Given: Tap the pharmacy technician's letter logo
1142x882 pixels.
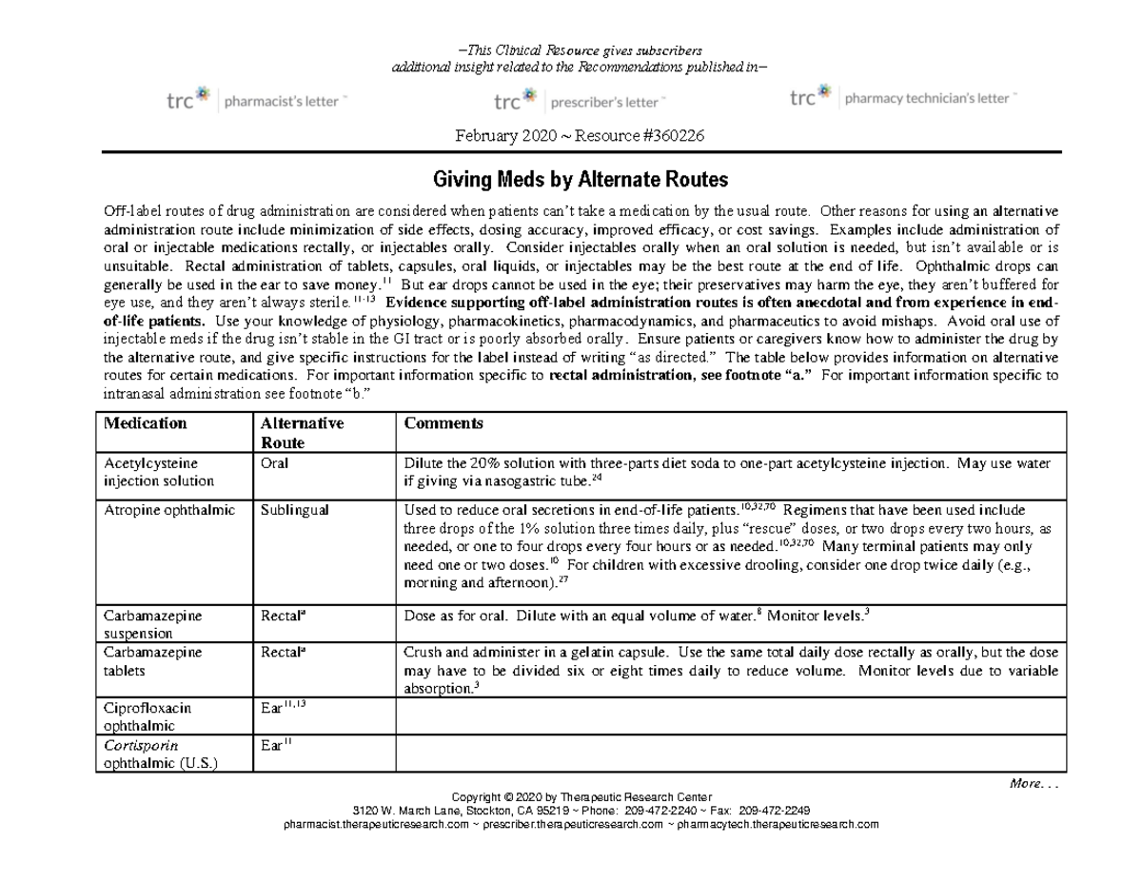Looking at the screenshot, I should tap(903, 97).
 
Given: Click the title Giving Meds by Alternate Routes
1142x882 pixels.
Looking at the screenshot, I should tap(581, 179).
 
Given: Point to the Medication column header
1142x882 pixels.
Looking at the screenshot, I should tap(146, 423).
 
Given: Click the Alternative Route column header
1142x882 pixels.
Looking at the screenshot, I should tap(302, 433).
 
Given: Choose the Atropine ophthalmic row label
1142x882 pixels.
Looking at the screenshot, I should tap(169, 510).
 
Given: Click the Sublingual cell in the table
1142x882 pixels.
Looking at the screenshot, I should tap(294, 510).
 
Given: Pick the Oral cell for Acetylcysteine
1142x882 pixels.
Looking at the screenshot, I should tap(274, 463).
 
